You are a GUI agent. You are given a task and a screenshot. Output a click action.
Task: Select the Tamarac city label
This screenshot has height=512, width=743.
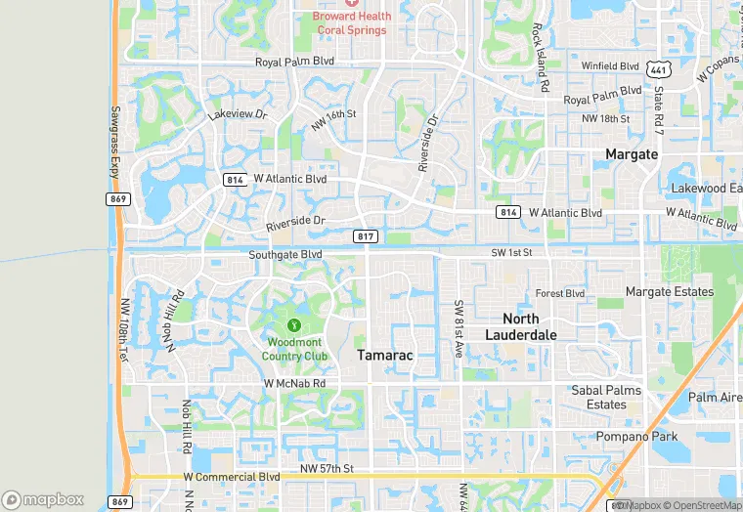[x=384, y=356]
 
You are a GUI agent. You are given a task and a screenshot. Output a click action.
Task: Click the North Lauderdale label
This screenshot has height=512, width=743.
[x=521, y=326]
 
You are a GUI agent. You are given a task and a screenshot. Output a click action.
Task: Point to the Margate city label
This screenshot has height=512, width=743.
[x=632, y=154]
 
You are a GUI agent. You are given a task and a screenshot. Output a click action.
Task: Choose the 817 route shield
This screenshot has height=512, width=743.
[x=364, y=235]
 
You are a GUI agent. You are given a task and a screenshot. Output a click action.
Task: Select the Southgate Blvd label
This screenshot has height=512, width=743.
[x=284, y=254]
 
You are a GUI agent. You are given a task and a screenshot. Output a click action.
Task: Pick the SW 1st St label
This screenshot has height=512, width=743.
[x=511, y=253]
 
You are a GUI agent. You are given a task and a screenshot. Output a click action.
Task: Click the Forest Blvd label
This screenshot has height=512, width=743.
[x=559, y=293]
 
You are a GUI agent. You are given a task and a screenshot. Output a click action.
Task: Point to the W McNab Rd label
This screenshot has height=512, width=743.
[x=294, y=384]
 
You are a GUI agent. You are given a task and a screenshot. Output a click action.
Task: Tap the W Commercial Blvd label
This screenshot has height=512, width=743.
[x=232, y=477]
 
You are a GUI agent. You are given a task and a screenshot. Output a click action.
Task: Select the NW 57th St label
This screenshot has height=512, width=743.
[x=326, y=470]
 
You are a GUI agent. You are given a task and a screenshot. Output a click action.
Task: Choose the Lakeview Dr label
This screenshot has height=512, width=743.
[x=237, y=114]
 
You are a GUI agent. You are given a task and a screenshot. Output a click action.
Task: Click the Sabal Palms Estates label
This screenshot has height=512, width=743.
[x=606, y=397]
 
